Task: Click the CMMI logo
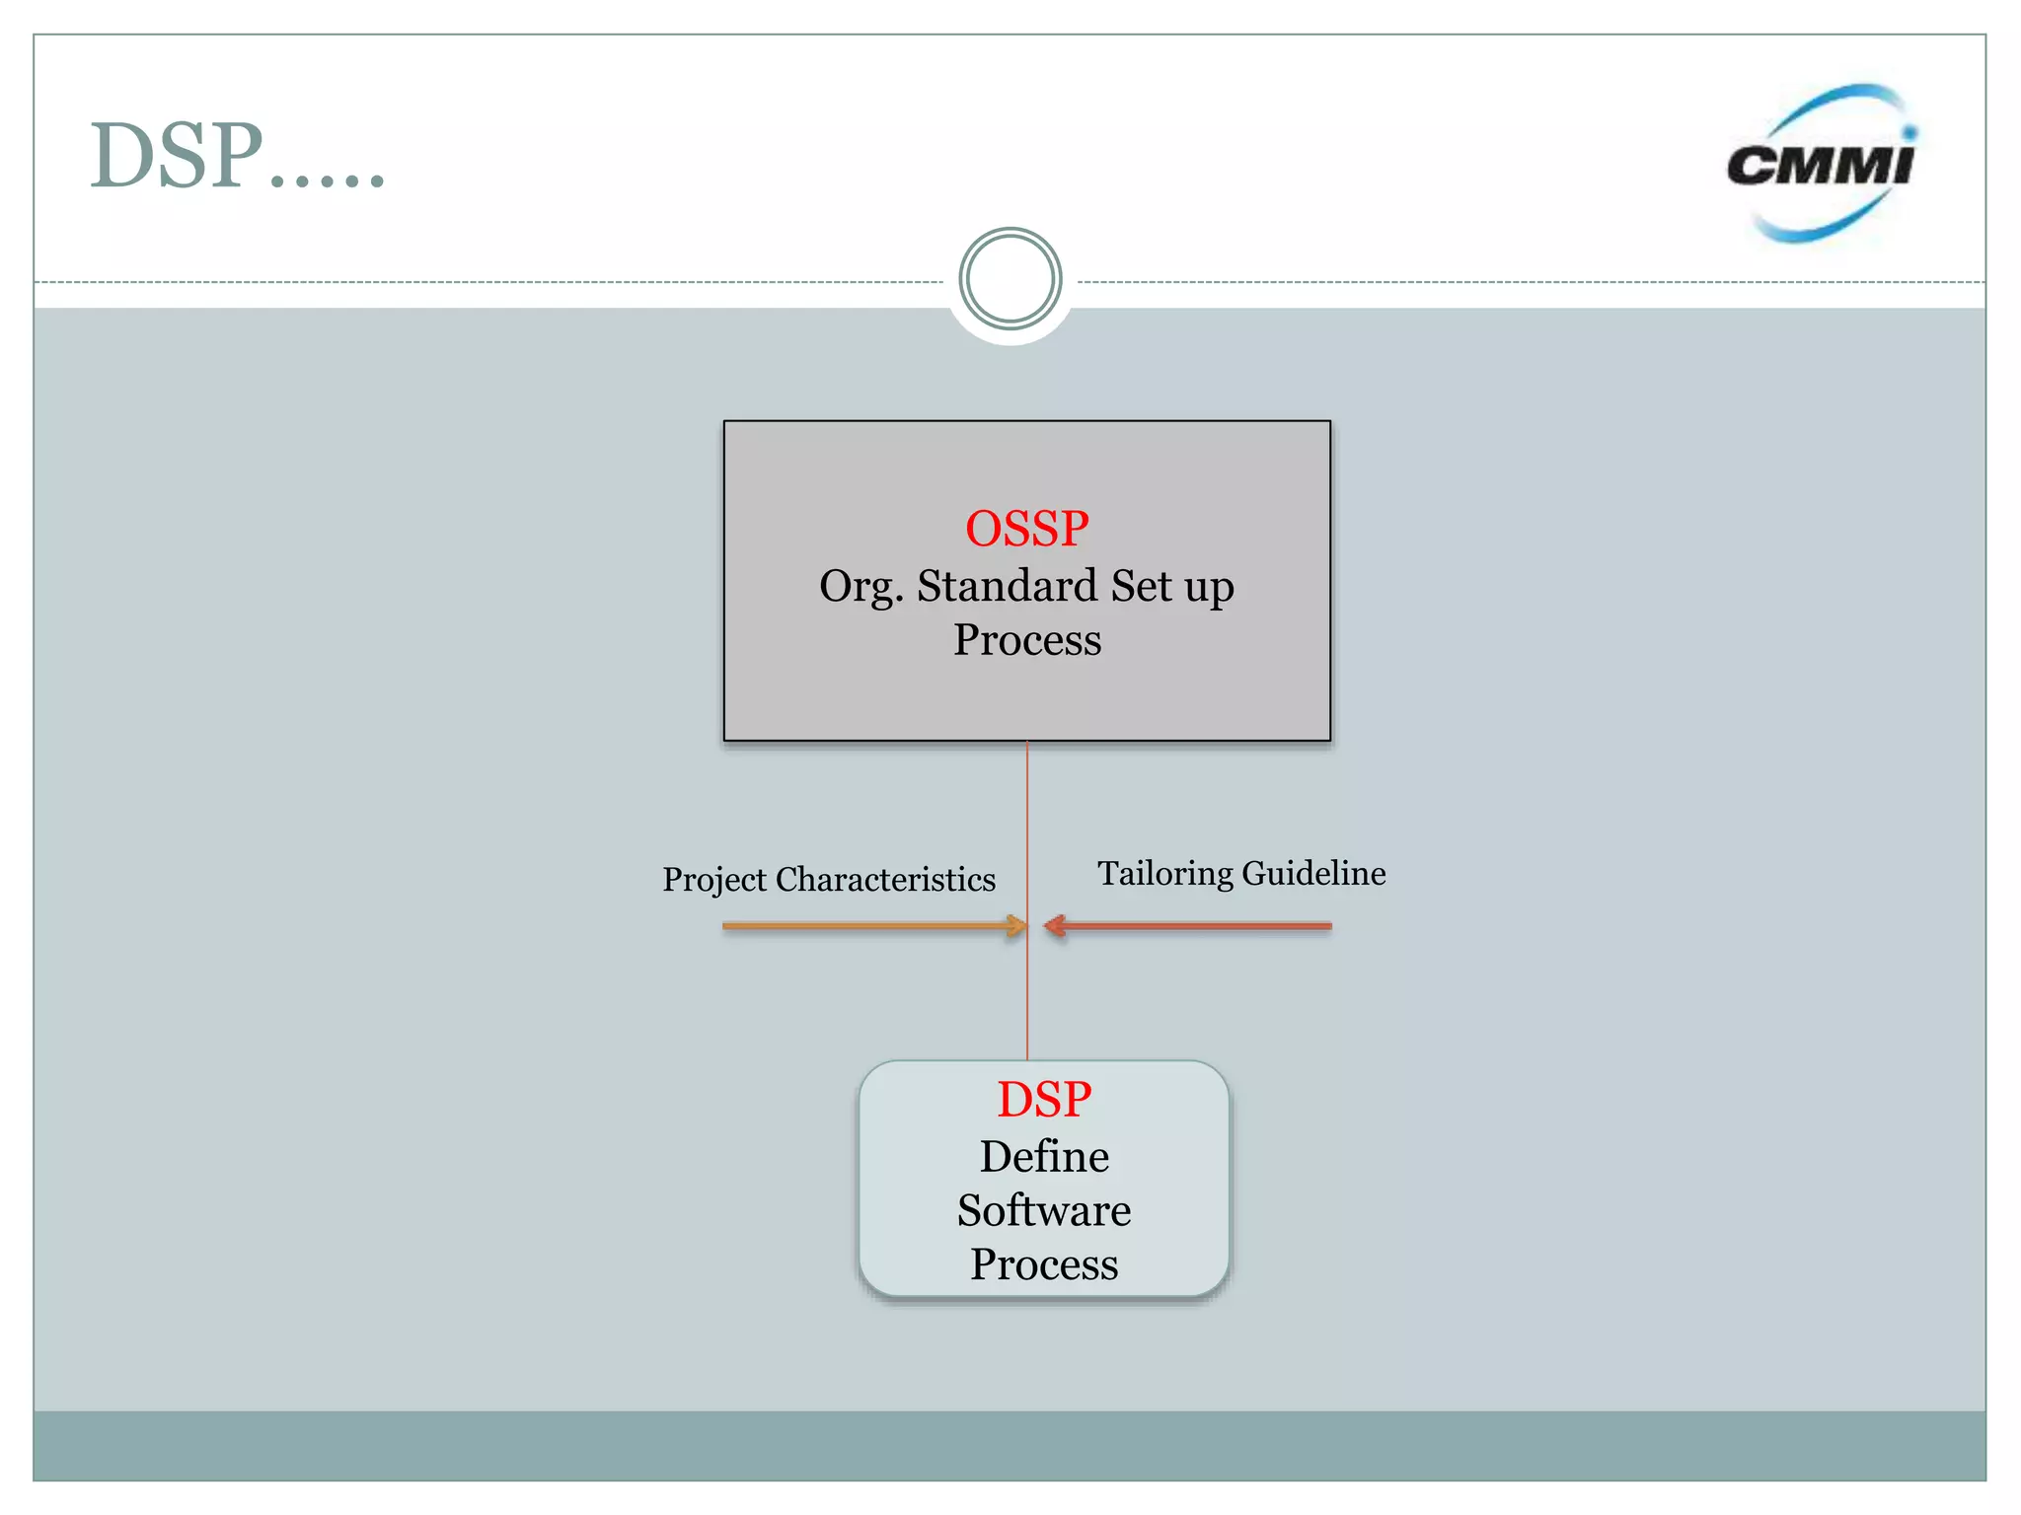pyautogui.click(x=1821, y=164)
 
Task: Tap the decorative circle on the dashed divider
pyautogui.click(x=1010, y=279)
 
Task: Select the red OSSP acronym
pyautogui.click(x=1026, y=529)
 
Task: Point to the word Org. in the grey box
pyautogui.click(x=861, y=588)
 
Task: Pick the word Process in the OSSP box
pyautogui.click(x=1026, y=640)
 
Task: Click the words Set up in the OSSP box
pyautogui.click(x=1172, y=588)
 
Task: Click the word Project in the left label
pyautogui.click(x=713, y=880)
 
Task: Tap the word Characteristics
pyautogui.click(x=885, y=879)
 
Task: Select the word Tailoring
pyautogui.click(x=1165, y=874)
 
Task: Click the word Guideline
pyautogui.click(x=1313, y=873)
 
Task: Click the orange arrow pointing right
pyautogui.click(x=868, y=925)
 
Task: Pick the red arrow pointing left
pyautogui.click(x=1194, y=925)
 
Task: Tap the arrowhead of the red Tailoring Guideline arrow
pyautogui.click(x=1055, y=925)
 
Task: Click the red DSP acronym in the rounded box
pyautogui.click(x=1044, y=1100)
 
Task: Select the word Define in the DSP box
pyautogui.click(x=1044, y=1157)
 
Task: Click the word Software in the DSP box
pyautogui.click(x=1044, y=1211)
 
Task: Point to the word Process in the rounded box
pyautogui.click(x=1044, y=1265)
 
